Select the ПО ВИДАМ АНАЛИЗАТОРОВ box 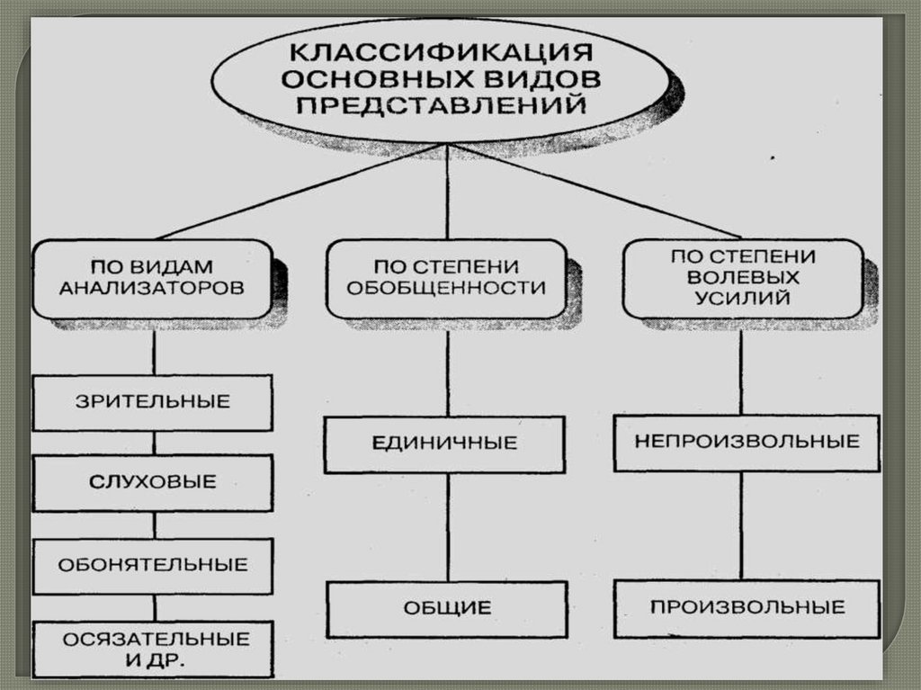[x=153, y=278]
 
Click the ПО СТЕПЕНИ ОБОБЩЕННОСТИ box [x=446, y=278]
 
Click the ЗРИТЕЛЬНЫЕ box [x=153, y=402]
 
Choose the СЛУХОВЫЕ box [x=153, y=482]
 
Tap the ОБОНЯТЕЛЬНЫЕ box [x=153, y=566]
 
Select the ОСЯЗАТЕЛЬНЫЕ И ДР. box [x=153, y=649]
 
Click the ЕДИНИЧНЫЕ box [x=445, y=444]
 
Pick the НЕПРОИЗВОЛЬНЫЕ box [x=747, y=442]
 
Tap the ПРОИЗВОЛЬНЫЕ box [x=747, y=607]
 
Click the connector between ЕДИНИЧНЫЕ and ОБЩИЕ [x=447, y=526]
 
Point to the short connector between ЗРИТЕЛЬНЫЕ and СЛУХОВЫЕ [x=154, y=443]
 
